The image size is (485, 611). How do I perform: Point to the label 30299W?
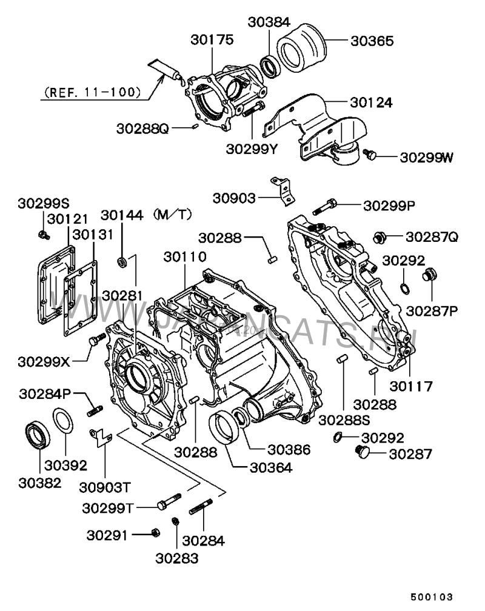(x=426, y=157)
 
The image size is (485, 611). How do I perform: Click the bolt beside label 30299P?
(x=326, y=206)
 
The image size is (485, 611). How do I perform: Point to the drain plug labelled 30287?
(x=362, y=452)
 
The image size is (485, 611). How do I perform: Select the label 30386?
(x=289, y=450)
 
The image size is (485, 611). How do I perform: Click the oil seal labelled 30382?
(x=38, y=434)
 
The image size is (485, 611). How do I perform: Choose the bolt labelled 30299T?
(x=169, y=502)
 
